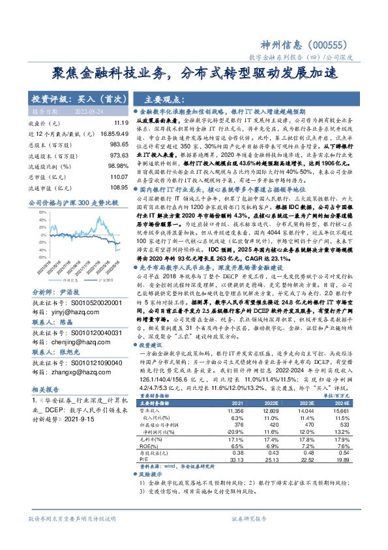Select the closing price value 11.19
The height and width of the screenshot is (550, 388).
(121, 123)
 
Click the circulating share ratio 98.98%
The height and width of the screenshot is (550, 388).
(118, 167)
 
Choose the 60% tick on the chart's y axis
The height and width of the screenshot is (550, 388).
(42, 212)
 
